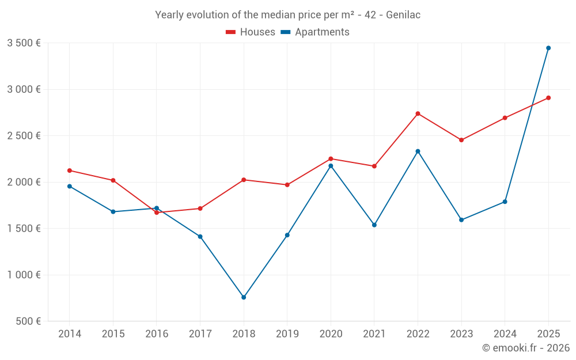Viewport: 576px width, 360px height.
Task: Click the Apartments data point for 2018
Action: tap(244, 297)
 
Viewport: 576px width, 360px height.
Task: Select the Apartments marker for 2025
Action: tap(548, 48)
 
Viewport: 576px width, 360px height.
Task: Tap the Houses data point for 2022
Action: tap(418, 113)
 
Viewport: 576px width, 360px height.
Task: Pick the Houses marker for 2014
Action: tap(70, 170)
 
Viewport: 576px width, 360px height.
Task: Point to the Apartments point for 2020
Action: tap(331, 166)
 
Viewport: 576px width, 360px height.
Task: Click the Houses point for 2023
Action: tap(461, 140)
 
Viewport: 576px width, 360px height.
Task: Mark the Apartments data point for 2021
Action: tap(374, 225)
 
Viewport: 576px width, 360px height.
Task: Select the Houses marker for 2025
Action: tap(548, 98)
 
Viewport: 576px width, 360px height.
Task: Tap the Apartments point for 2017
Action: tap(200, 237)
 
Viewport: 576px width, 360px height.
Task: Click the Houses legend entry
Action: tap(251, 32)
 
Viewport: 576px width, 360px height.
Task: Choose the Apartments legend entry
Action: tap(315, 32)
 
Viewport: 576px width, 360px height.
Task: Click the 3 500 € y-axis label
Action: tap(24, 43)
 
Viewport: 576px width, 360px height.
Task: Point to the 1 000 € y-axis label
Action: tap(24, 275)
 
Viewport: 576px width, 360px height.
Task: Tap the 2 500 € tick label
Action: tap(24, 136)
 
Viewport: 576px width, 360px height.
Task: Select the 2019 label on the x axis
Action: tap(287, 334)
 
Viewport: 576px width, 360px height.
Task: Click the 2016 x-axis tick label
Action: tap(157, 334)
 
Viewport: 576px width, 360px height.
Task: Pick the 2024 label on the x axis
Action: tap(505, 334)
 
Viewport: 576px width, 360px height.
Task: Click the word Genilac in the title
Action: tap(403, 15)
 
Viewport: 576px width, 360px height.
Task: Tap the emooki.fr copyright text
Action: tap(526, 348)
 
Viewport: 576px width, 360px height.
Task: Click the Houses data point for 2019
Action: tap(287, 185)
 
